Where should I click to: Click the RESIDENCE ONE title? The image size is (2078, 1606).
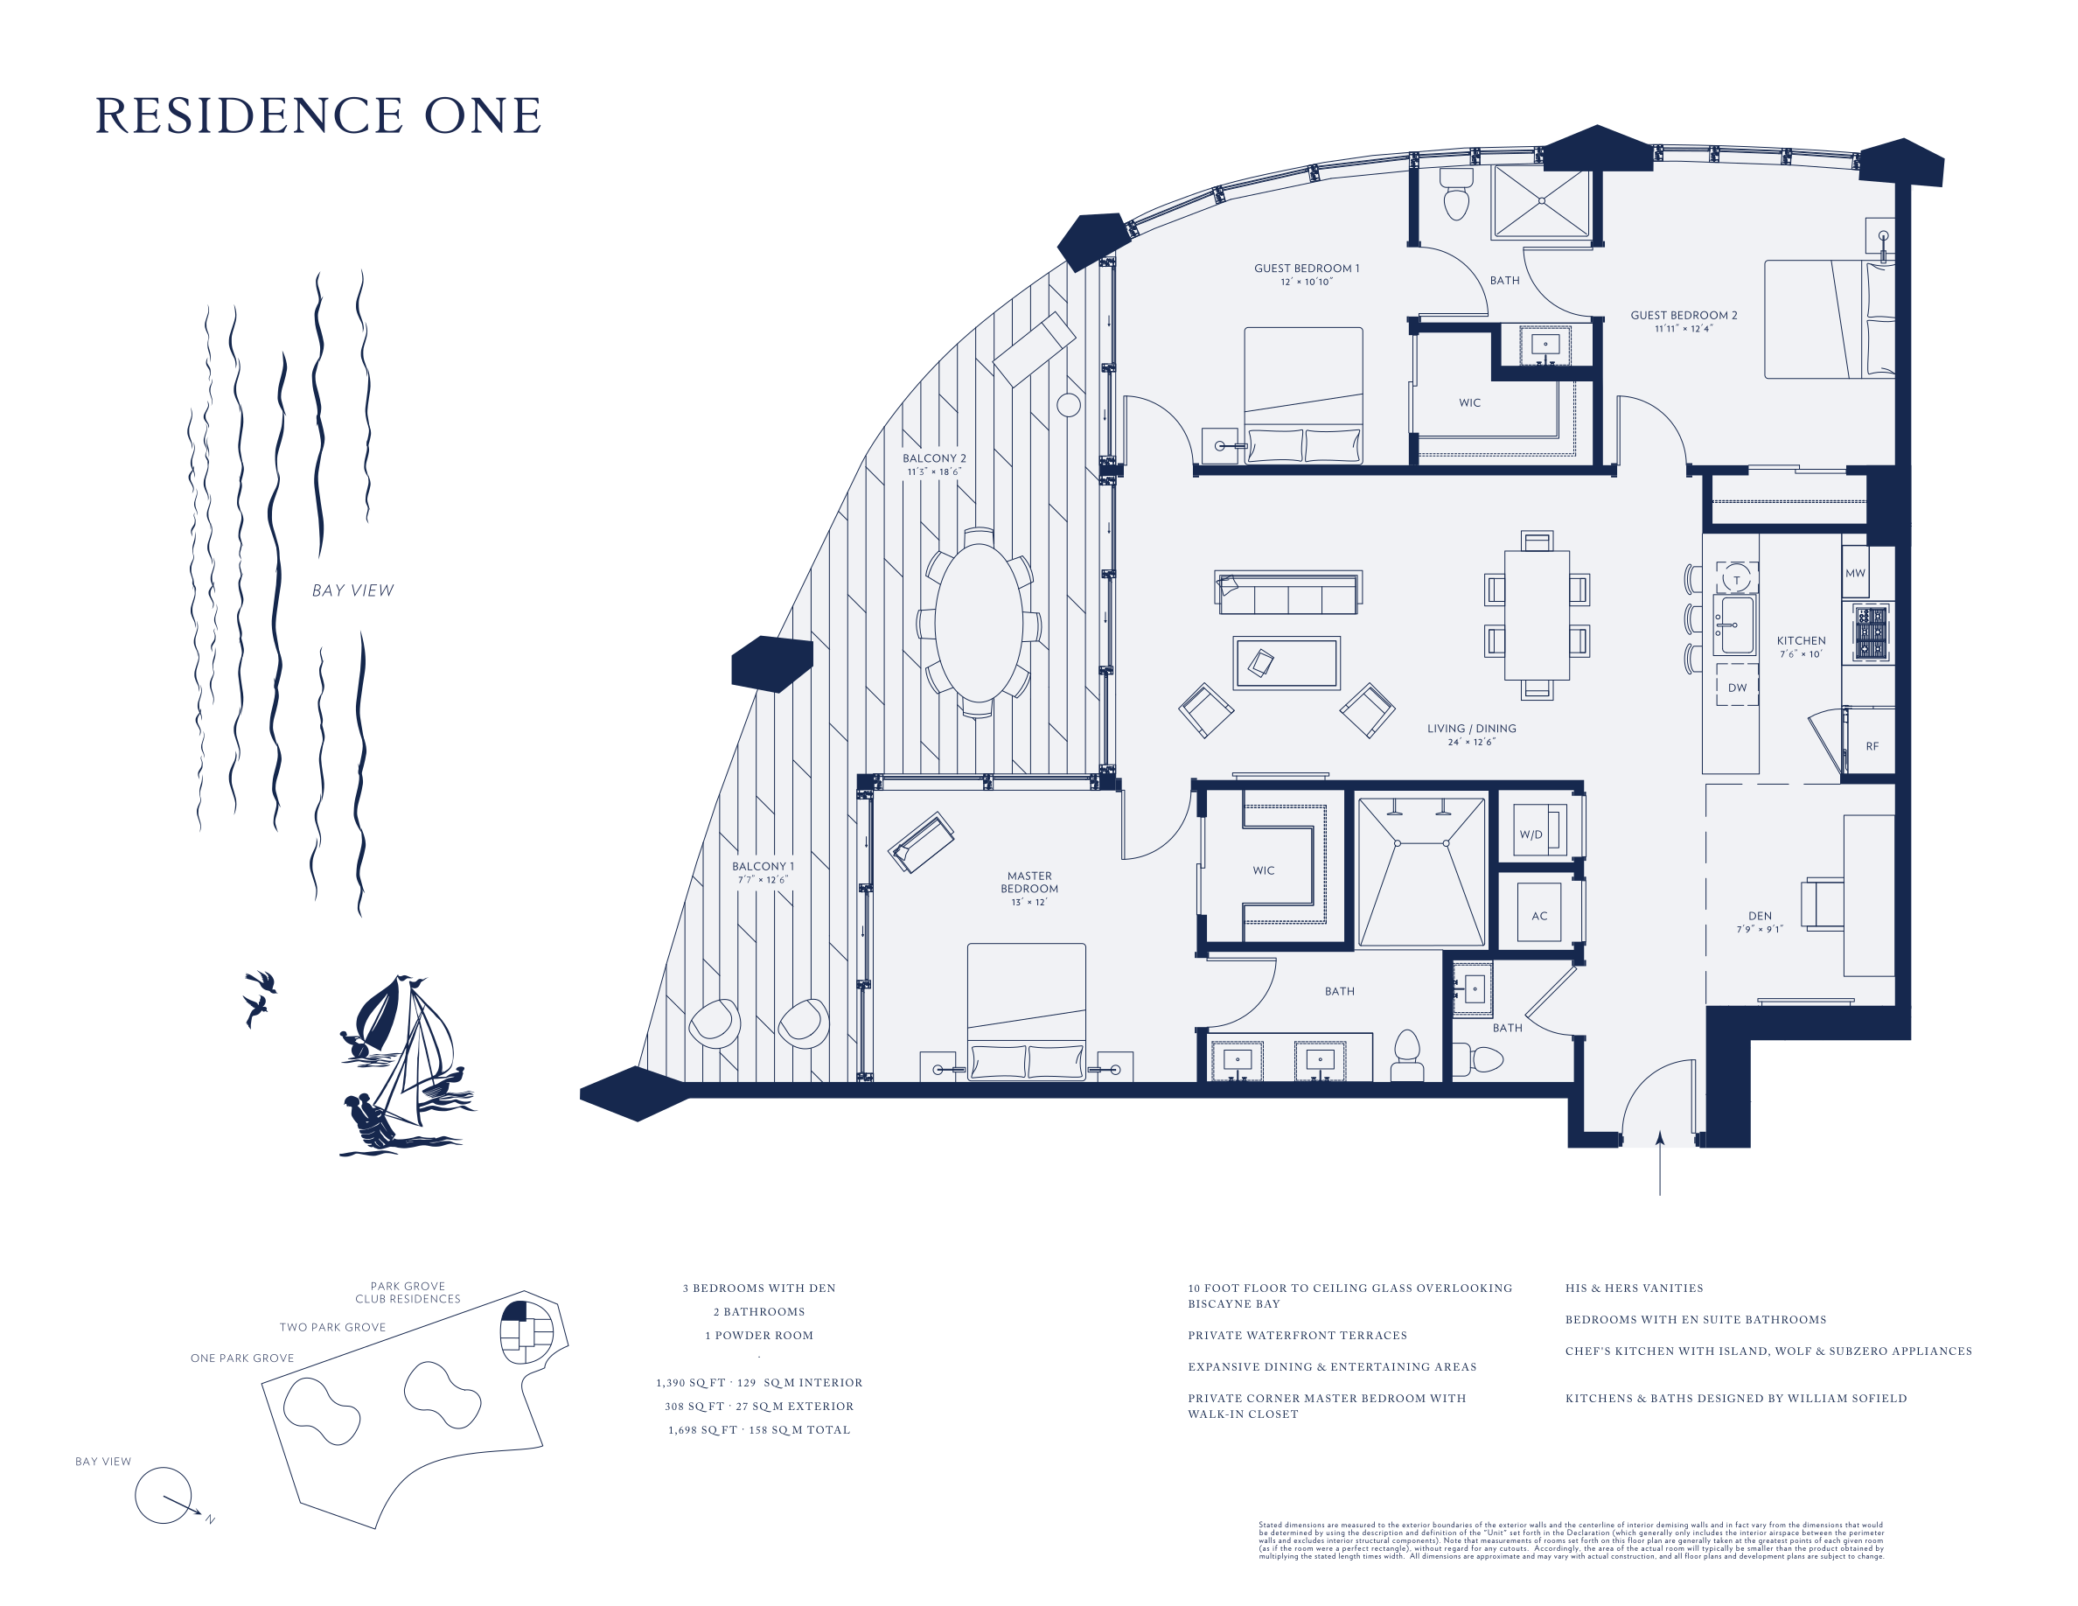pyautogui.click(x=317, y=115)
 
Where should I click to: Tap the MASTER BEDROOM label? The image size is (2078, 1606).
pyautogui.click(x=1029, y=882)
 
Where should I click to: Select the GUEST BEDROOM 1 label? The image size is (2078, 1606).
pyautogui.click(x=1307, y=269)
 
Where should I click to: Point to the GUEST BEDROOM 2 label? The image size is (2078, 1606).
pyautogui.click(x=1684, y=315)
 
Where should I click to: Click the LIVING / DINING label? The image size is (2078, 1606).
pyautogui.click(x=1471, y=729)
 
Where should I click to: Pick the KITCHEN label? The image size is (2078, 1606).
pyautogui.click(x=1801, y=640)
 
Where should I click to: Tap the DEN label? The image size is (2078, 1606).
pyautogui.click(x=1760, y=915)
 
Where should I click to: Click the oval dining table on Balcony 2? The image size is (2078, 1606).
pyautogui.click(x=978, y=622)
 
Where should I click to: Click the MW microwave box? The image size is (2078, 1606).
pyautogui.click(x=1854, y=572)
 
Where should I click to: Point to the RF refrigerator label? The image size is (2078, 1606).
pyautogui.click(x=1872, y=746)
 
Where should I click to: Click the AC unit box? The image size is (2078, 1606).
pyautogui.click(x=1538, y=913)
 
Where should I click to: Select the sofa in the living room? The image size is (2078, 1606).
pyautogui.click(x=1287, y=594)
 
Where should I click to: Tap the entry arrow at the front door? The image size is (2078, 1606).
pyautogui.click(x=1659, y=1163)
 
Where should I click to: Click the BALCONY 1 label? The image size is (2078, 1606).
pyautogui.click(x=762, y=866)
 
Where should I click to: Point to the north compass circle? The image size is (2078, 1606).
pyautogui.click(x=163, y=1495)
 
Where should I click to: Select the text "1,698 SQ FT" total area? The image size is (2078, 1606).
pyautogui.click(x=702, y=1429)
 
